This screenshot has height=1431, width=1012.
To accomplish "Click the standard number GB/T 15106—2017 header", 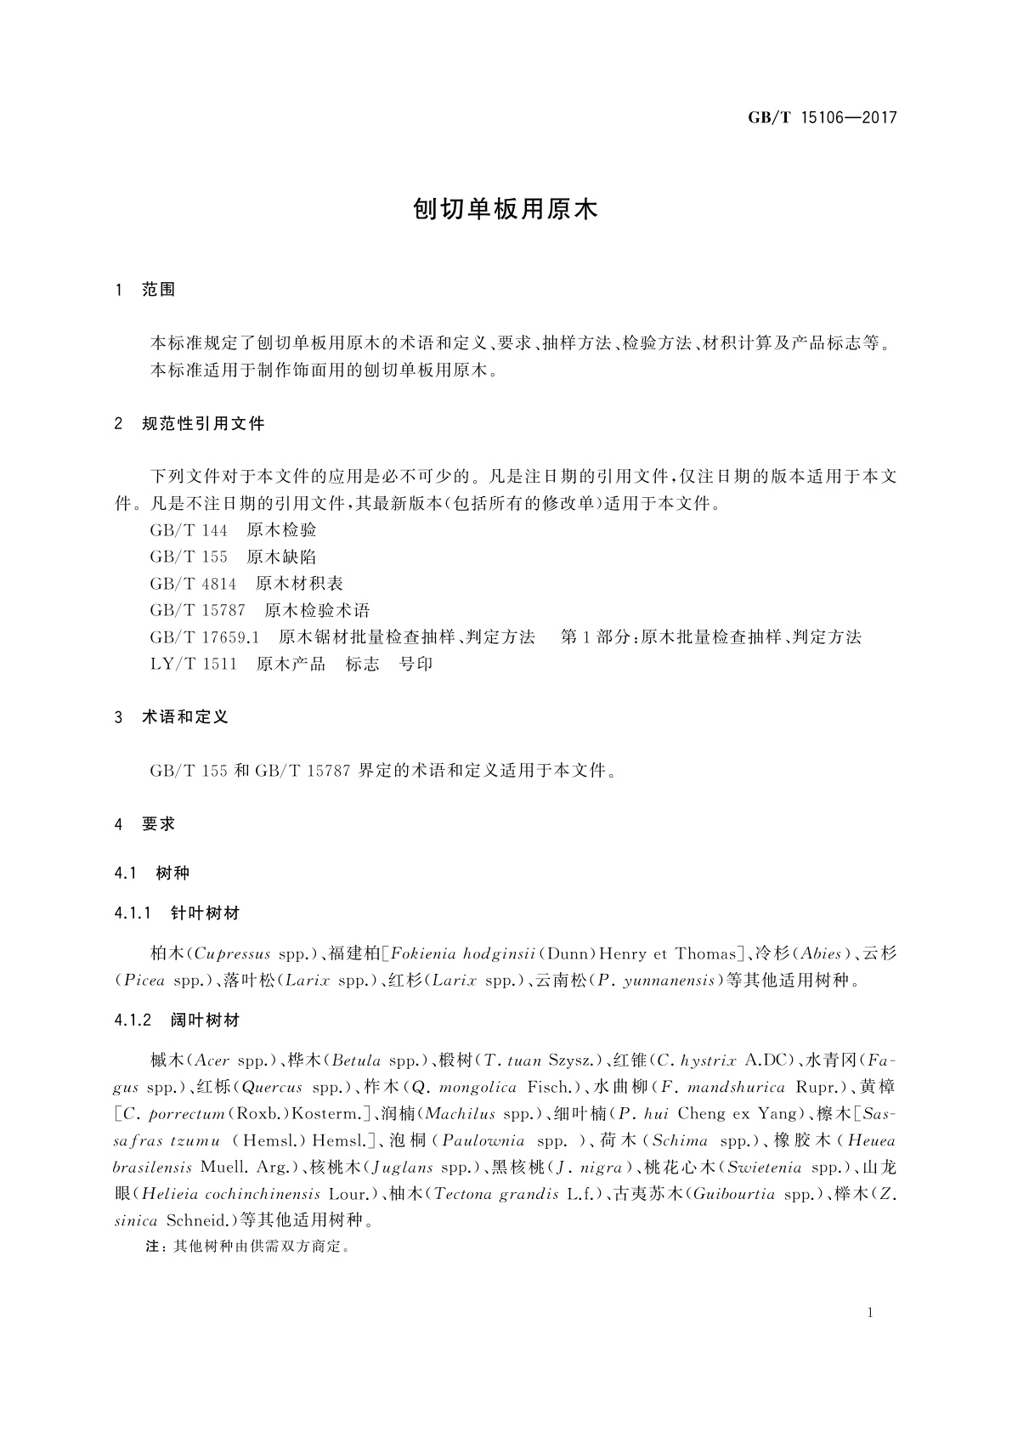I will pos(822,118).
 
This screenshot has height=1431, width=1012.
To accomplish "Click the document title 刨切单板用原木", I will pos(506,210).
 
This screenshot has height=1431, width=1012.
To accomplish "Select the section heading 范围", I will pos(159,290).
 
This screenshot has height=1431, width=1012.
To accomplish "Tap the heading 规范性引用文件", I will pos(203,423).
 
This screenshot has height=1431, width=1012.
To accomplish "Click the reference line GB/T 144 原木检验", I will pos(233,530).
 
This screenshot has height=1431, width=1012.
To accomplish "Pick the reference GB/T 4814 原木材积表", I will pos(246,584).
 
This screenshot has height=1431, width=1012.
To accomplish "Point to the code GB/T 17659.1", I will pos(204,637).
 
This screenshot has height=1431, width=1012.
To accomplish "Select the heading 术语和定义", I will pos(185,717).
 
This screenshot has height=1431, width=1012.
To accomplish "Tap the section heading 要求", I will pos(159,823).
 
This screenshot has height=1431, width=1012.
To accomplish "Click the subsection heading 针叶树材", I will pos(205,913).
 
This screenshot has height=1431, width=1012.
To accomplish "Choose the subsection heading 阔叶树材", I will pos(205,1020).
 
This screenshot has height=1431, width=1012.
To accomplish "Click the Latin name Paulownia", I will pos(483,1140).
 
